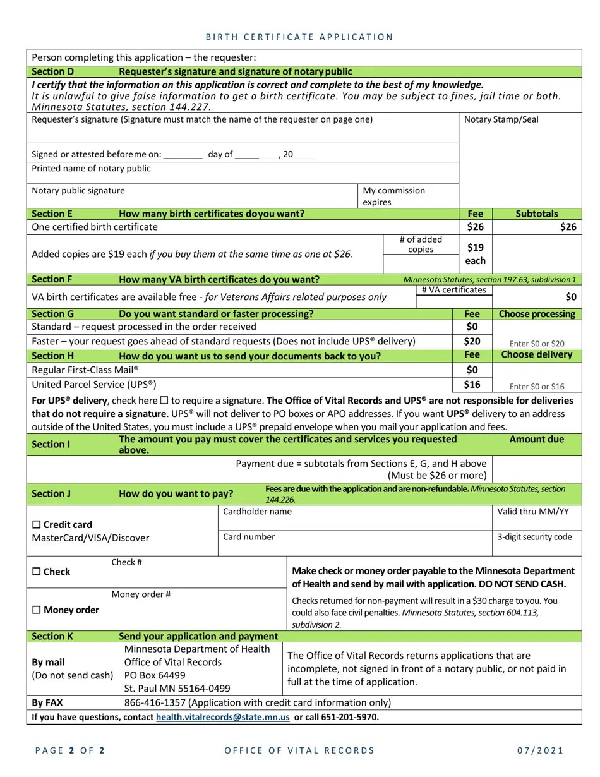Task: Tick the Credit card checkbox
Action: click(36, 524)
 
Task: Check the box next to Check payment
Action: click(36, 572)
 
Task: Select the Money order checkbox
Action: click(36, 610)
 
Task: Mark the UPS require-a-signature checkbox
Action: click(164, 401)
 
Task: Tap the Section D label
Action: click(52, 72)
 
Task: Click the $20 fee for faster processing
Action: click(472, 341)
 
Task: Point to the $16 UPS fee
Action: click(472, 384)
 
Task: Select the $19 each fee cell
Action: click(475, 254)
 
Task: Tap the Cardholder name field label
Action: click(257, 512)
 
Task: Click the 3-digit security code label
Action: click(534, 537)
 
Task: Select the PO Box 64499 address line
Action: click(155, 675)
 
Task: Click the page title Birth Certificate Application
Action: click(300, 37)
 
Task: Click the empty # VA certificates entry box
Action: click(453, 302)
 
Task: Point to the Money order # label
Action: click(141, 594)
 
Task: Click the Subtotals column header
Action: click(536, 214)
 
